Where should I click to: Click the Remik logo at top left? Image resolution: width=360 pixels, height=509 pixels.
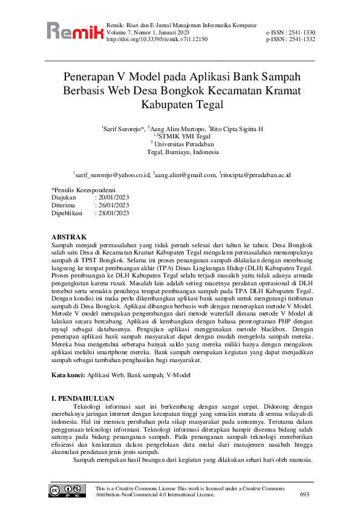click(74, 31)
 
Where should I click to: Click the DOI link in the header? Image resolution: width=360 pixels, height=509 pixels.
click(157, 39)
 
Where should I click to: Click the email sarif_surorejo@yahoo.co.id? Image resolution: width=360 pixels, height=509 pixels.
click(113, 175)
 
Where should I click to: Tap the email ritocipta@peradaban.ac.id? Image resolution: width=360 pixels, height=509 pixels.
click(257, 175)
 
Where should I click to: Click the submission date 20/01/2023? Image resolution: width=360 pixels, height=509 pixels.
click(114, 198)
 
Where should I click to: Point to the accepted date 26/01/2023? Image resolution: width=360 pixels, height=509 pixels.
click(114, 205)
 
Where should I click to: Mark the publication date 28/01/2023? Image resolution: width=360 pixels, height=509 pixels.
click(114, 213)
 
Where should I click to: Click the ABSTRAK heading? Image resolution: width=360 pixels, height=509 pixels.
click(70, 236)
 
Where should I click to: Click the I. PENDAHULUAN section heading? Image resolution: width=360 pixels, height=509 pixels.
click(82, 399)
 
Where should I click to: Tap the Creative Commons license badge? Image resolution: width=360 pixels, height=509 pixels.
click(67, 490)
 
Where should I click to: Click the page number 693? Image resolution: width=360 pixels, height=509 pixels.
click(305, 494)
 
